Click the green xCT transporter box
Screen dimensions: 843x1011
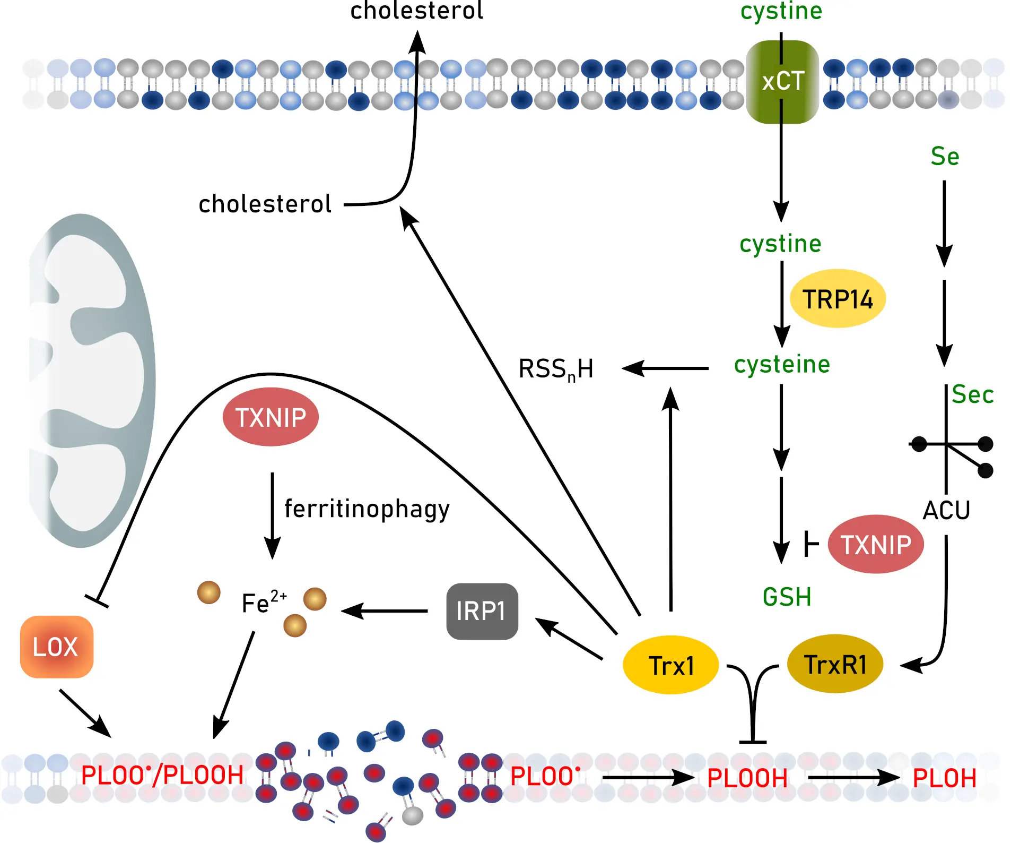782,82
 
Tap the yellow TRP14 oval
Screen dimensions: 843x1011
837,299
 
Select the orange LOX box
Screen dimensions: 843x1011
56,647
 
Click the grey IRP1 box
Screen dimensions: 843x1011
482,611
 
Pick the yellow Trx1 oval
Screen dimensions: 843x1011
670,665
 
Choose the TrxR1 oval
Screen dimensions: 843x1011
835,664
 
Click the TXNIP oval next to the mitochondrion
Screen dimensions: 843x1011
271,417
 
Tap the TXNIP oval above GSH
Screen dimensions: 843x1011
875,545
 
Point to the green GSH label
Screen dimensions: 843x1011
787,597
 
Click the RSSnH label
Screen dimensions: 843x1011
555,369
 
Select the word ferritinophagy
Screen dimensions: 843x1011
367,509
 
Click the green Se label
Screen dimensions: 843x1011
945,157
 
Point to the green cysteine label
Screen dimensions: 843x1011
782,365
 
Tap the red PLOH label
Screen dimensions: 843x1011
944,779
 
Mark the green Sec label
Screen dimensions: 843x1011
972,394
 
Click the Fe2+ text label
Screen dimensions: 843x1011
264,603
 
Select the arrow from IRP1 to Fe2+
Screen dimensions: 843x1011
385,611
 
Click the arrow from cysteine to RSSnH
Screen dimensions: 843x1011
666,368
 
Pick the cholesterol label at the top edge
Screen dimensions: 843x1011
416,11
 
